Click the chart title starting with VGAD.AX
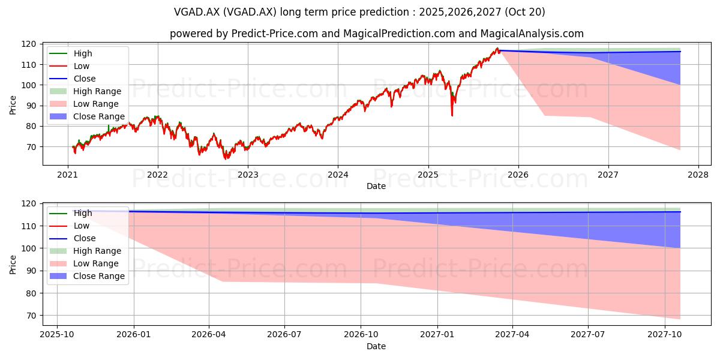click(x=359, y=12)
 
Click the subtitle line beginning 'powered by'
click(x=376, y=34)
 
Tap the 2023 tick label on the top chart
click(x=247, y=175)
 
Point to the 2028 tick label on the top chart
click(x=698, y=175)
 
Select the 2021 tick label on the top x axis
click(x=67, y=175)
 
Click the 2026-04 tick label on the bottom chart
click(x=209, y=335)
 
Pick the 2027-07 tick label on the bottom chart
click(x=588, y=335)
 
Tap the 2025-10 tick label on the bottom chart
click(x=57, y=335)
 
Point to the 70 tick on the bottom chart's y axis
click(x=31, y=316)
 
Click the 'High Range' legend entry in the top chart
click(x=85, y=91)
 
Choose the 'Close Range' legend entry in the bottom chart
click(x=87, y=276)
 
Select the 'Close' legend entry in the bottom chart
click(x=73, y=238)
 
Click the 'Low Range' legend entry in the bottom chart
click(x=84, y=263)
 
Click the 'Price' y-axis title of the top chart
click(x=13, y=105)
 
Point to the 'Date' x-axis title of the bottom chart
click(x=376, y=346)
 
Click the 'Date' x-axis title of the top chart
click(x=376, y=186)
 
